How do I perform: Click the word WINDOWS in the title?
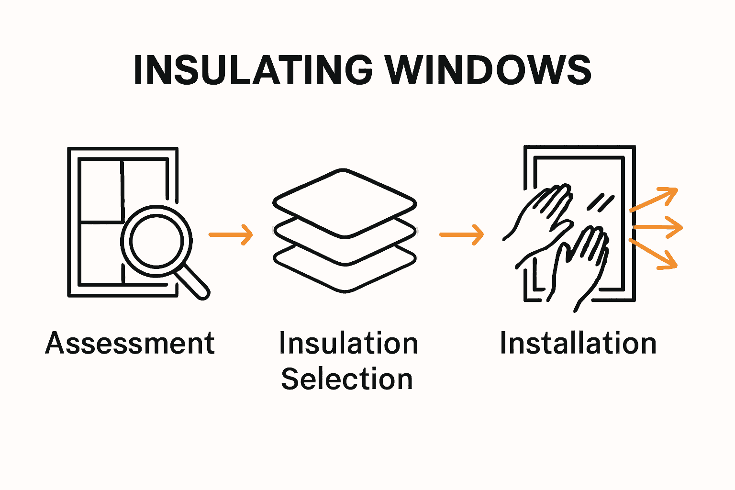489,70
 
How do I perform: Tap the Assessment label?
130,343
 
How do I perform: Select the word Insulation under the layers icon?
348,343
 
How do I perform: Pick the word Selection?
347,379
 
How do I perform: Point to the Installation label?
578,343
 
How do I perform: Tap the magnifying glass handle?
194,282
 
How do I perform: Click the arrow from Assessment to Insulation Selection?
231,234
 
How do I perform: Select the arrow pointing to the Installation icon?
461,234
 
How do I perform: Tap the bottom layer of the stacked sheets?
345,282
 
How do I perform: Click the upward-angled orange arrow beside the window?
654,199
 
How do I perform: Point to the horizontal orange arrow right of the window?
658,227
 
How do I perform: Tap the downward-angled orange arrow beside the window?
654,254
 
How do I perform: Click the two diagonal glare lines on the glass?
601,202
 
